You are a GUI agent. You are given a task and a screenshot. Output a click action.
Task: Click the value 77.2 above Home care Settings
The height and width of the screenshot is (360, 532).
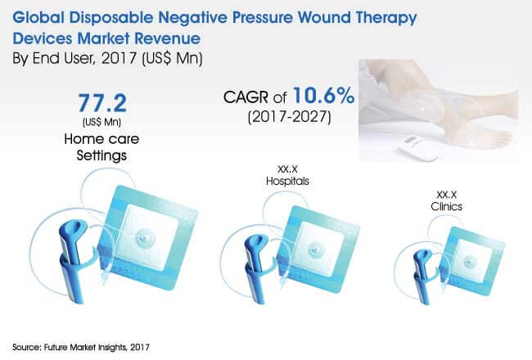coord(102,103)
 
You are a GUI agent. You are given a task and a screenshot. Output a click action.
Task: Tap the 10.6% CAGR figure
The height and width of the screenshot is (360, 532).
coord(323,96)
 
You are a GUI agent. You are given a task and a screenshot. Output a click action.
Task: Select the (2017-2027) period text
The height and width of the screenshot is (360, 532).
coord(290,117)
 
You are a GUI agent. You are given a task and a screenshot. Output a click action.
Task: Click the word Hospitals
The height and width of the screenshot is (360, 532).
coord(287,181)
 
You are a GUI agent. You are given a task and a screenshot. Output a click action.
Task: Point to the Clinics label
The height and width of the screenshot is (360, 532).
coord(447,206)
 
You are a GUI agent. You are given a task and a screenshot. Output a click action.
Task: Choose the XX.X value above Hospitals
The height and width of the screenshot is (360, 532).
coord(287,169)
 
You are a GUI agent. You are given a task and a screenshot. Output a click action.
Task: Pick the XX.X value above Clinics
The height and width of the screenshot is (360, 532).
coord(447,195)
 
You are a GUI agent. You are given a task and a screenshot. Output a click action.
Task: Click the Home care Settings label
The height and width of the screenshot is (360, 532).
coord(101,147)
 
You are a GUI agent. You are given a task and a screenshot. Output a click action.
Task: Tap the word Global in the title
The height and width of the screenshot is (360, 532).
coord(38,17)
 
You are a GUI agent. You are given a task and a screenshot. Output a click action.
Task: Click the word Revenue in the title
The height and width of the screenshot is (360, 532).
coord(168,38)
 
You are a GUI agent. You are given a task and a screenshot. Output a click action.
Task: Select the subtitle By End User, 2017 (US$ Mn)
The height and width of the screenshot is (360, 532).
coord(107,58)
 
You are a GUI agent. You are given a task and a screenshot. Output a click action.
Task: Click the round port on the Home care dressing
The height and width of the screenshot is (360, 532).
coord(146,238)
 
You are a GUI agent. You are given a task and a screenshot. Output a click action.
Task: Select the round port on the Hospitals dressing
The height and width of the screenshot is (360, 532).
coord(316,250)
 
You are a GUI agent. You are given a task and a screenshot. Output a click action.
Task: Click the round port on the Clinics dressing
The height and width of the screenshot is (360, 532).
coord(471,262)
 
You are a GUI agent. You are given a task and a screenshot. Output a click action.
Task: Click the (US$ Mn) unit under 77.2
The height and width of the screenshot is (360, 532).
coord(101,122)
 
